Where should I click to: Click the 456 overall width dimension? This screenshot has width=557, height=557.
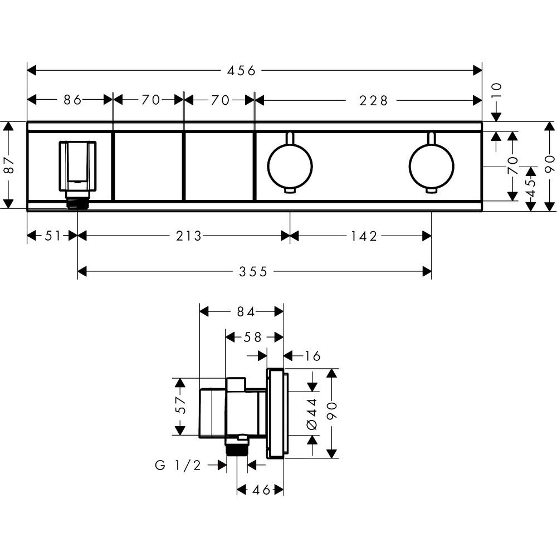coord(241,71)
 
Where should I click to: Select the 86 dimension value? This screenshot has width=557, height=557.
coord(73,100)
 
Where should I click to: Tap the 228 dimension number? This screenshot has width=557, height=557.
coord(373,101)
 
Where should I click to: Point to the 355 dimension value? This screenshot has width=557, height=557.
coord(253,272)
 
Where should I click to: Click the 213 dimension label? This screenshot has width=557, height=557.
coord(189,236)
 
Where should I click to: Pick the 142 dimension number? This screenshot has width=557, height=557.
coord(364,236)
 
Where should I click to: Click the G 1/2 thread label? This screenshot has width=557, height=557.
coord(178,465)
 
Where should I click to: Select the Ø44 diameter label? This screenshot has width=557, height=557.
coord(312,413)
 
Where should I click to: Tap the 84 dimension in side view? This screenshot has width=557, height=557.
coord(246,312)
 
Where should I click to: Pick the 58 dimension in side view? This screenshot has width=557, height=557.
coord(252,337)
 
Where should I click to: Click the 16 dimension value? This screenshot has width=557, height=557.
coord(312,355)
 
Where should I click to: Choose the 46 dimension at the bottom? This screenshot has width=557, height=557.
coord(261,490)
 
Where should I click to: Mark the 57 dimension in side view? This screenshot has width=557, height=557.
coord(181,405)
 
